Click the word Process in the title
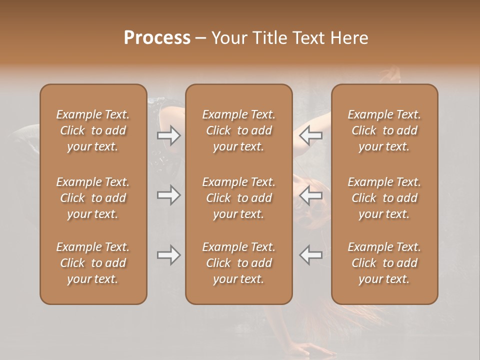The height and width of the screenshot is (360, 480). [x=157, y=38]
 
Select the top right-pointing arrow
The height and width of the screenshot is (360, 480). [x=168, y=135]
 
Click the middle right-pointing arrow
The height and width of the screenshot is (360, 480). [x=168, y=195]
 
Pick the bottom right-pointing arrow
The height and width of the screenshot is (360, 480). [x=168, y=255]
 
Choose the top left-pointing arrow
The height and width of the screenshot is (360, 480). [x=311, y=135]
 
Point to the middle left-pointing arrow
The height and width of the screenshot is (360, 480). [x=311, y=195]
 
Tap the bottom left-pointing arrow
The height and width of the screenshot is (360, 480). [x=311, y=255]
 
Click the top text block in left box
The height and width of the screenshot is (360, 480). [x=93, y=130]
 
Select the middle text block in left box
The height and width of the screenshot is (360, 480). [x=93, y=198]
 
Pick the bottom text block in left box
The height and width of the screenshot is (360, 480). [x=93, y=263]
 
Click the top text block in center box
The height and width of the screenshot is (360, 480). [x=238, y=130]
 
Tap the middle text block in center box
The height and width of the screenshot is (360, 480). [x=238, y=198]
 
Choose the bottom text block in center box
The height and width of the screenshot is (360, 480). [x=238, y=263]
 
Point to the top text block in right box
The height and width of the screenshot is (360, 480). [x=384, y=130]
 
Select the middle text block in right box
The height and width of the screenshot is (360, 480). [x=384, y=198]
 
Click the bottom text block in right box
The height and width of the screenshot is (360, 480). [x=384, y=263]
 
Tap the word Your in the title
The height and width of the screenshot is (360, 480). [x=228, y=38]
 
